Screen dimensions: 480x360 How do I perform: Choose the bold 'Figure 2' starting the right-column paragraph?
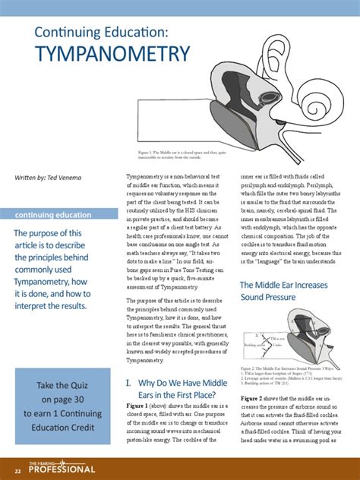(254, 398)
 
